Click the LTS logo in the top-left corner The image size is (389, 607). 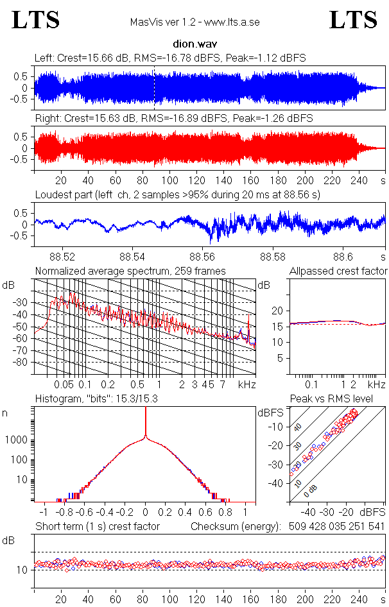(36, 20)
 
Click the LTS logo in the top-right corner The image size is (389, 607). (352, 20)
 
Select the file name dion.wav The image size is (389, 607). (194, 46)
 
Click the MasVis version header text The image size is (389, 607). (194, 22)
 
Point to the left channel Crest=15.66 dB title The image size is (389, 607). (170, 58)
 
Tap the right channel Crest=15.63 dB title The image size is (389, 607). (173, 119)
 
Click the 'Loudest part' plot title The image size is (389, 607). (177, 194)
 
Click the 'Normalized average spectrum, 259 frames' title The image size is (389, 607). (130, 271)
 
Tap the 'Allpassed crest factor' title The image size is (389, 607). (338, 271)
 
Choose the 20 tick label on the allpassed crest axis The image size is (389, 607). (278, 311)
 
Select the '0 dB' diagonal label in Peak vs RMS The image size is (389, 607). (311, 490)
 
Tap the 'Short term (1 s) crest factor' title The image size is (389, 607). (97, 527)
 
